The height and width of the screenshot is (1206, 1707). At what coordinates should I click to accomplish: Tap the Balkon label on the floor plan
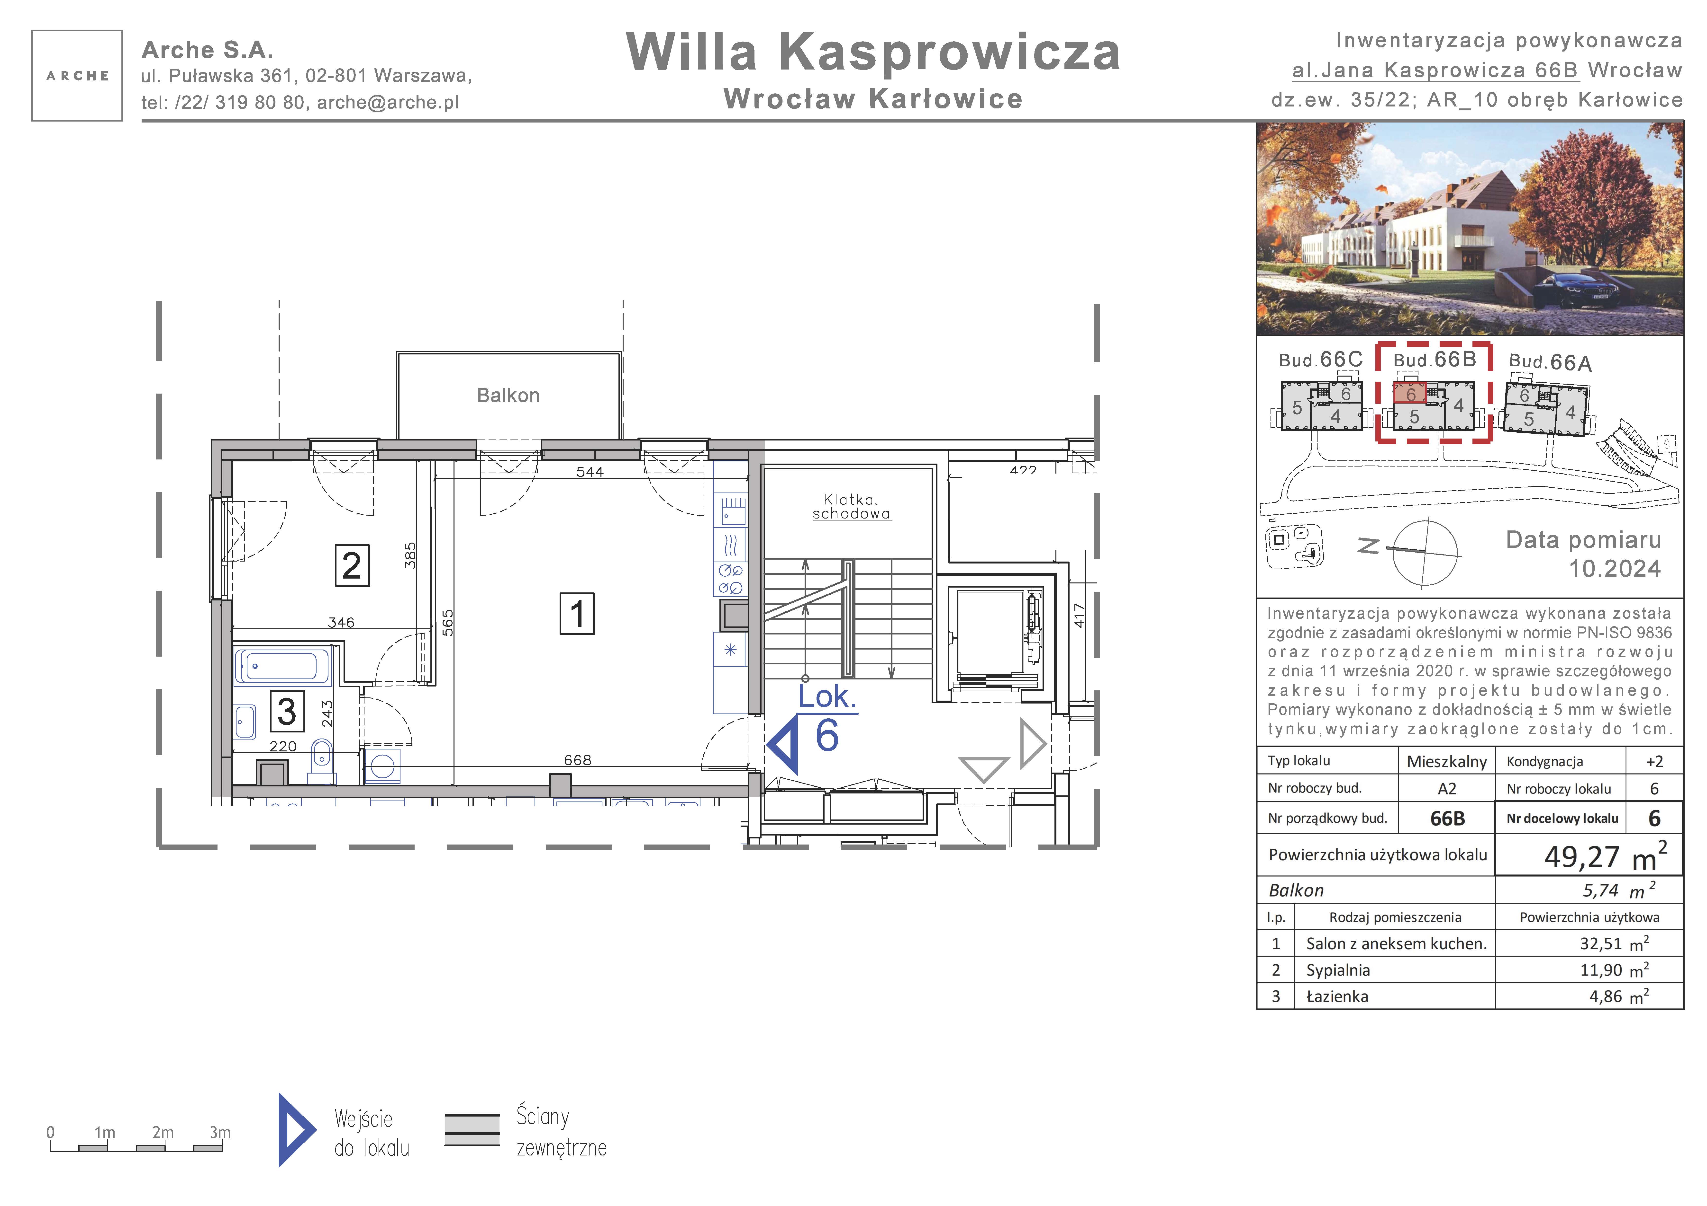point(508,395)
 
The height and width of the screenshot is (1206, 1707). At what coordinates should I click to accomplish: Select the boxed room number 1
point(577,614)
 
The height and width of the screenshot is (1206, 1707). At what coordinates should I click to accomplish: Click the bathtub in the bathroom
point(282,666)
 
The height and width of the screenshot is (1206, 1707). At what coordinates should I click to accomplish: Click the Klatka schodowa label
point(851,507)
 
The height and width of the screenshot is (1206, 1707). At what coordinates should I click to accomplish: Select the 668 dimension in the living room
point(578,760)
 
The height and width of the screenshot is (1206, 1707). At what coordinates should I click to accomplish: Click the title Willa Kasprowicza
point(874,52)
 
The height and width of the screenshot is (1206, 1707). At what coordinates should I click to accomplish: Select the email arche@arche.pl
point(388,103)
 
